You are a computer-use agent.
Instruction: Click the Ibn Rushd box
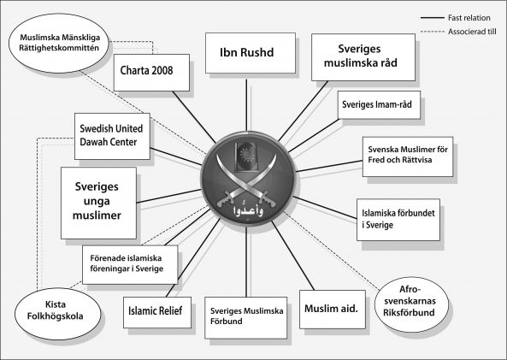point(251,53)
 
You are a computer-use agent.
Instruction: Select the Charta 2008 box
point(151,73)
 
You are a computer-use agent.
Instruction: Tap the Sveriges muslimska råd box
point(363,57)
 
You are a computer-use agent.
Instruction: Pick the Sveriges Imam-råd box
point(379,105)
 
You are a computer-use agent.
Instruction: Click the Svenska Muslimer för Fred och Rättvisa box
point(408,156)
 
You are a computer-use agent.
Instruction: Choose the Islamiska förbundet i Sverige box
point(398,220)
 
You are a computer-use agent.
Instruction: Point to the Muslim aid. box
point(332,310)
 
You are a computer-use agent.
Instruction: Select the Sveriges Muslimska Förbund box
point(245,317)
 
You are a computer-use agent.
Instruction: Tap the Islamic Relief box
point(156,312)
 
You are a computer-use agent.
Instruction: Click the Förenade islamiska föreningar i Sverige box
point(130,264)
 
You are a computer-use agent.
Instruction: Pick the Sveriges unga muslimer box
point(98,203)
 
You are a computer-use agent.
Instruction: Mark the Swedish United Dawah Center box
point(112,136)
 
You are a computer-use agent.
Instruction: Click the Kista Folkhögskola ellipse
point(57,314)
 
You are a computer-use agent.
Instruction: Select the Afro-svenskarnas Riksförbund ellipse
point(411,304)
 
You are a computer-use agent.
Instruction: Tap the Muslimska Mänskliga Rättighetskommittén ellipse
point(58,43)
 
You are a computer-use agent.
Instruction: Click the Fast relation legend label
point(469,18)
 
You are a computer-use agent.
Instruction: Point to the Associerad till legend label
point(472,32)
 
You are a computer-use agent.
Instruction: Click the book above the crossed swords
point(247,156)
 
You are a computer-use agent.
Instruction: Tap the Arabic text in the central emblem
point(248,210)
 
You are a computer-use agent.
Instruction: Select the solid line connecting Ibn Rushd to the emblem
point(246,105)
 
